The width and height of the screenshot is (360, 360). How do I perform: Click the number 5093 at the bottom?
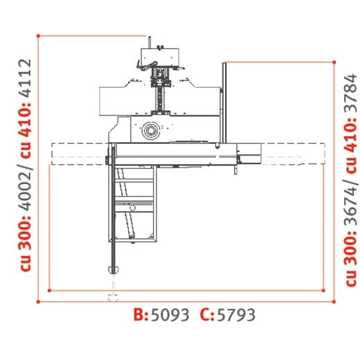170,315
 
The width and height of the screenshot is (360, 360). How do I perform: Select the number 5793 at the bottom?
236,315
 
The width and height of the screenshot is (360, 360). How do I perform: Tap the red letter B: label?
141,314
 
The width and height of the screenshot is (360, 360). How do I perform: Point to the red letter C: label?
207,314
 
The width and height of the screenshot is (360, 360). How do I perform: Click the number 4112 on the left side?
24,79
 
